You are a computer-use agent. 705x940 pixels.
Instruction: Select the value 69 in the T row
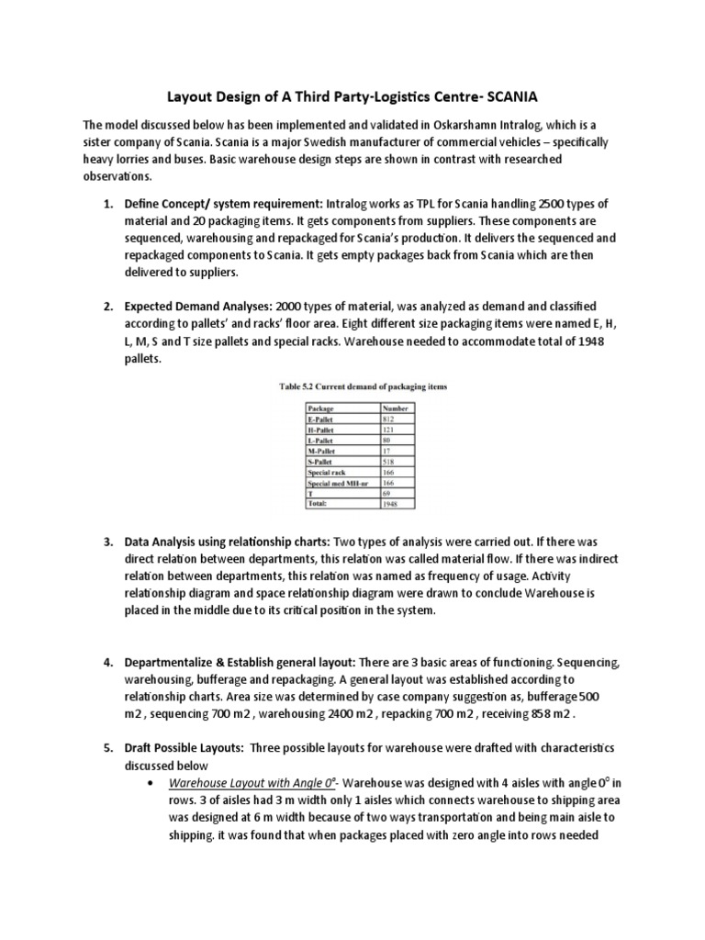pos(386,493)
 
